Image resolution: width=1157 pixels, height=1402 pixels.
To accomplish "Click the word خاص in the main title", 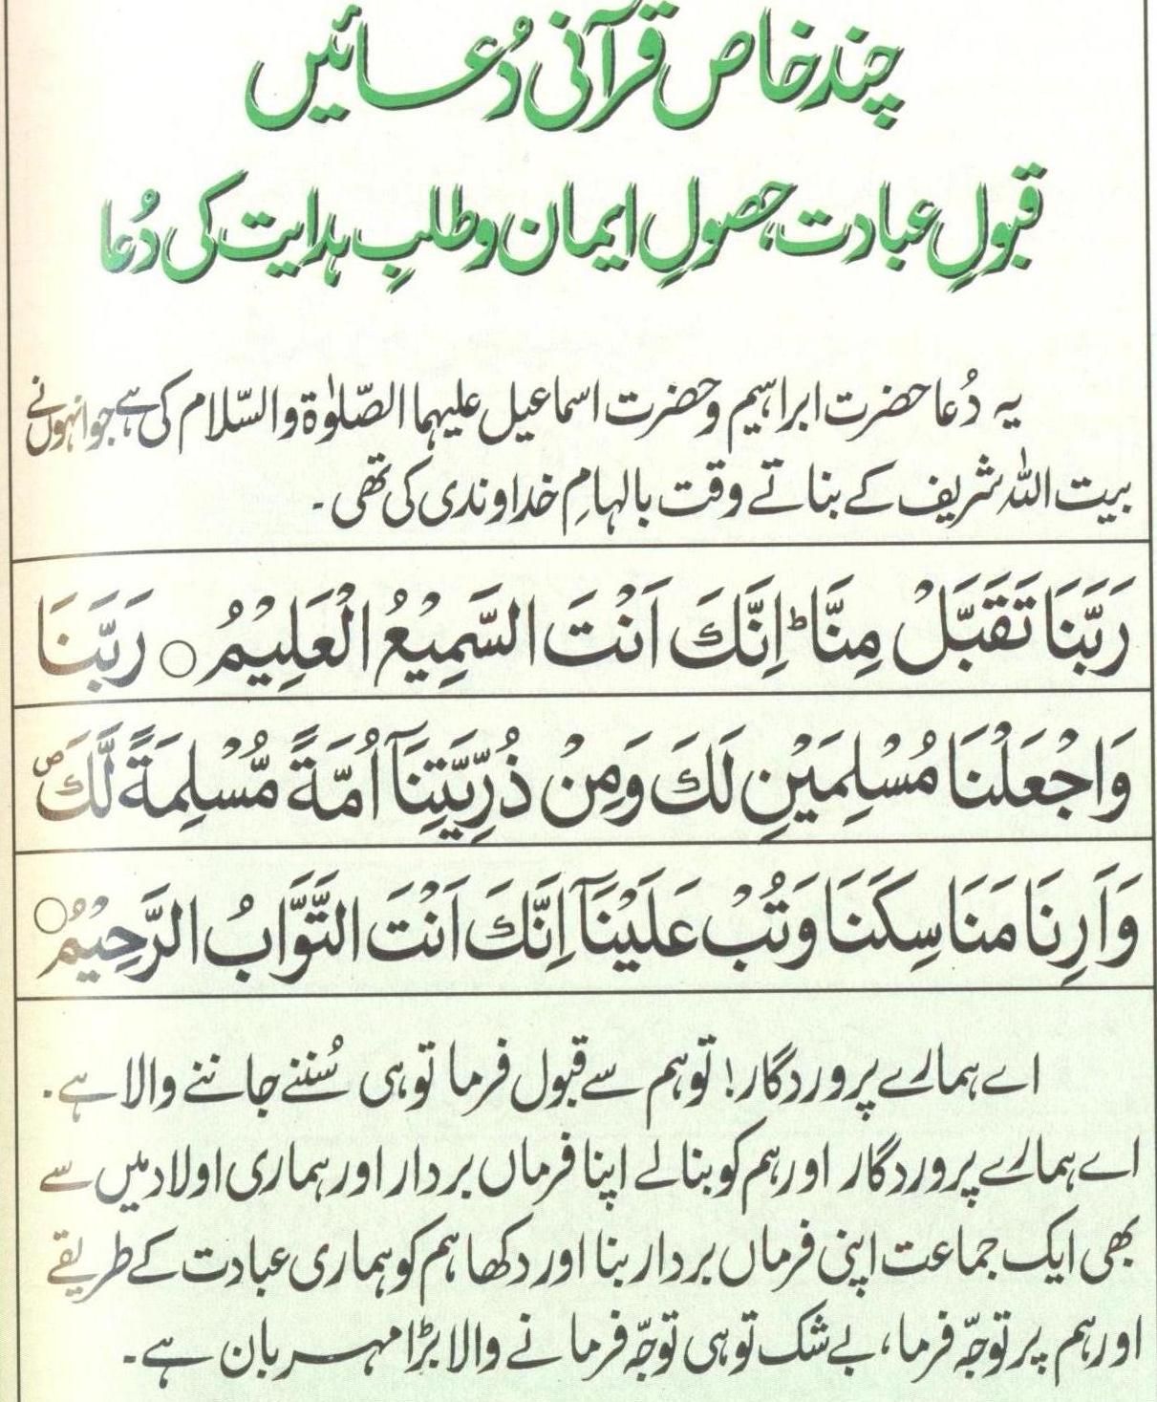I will coord(668,86).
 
